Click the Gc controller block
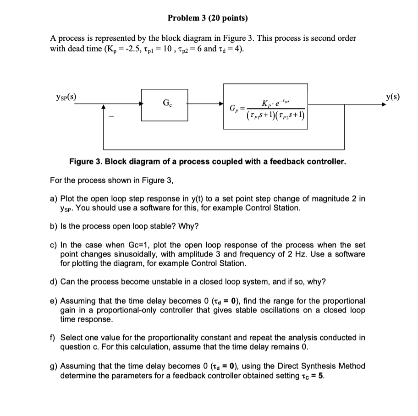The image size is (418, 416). (165, 105)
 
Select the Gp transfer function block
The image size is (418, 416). (265, 109)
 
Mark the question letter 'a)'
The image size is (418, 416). (54, 198)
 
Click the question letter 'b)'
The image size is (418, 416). (54, 226)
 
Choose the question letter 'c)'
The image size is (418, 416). (54, 245)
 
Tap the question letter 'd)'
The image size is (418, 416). (54, 281)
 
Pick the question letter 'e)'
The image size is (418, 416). (54, 301)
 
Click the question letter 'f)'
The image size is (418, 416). (53, 338)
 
